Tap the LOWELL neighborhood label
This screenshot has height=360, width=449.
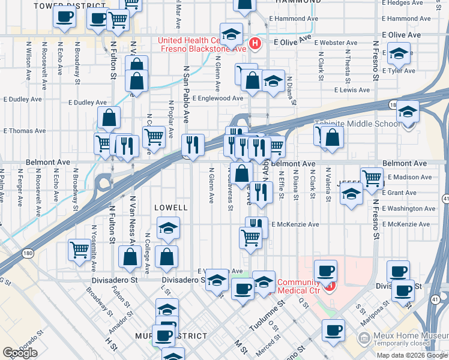pos(172,208)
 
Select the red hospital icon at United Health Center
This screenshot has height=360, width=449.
pos(256,43)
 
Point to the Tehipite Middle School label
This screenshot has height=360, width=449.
pos(357,124)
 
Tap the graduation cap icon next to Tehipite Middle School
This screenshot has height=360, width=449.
pos(408,112)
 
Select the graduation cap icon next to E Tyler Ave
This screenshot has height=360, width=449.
pos(399,54)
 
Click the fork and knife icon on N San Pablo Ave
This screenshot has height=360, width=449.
pos(193,144)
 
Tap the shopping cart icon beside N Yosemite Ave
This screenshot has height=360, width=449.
pos(79,248)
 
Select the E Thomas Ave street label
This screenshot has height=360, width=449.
pos(25,130)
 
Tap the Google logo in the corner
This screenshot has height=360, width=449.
pos(20,353)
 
